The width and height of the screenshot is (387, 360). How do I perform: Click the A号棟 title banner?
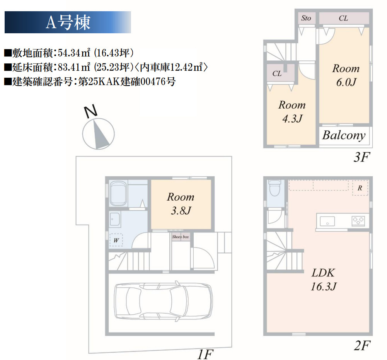coord(68,22)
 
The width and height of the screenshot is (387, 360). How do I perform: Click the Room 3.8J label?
coord(181,203)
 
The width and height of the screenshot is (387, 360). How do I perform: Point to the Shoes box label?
coord(181,237)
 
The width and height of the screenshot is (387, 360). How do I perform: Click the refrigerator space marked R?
coord(360,188)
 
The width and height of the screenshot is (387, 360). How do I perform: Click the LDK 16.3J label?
coord(323,280)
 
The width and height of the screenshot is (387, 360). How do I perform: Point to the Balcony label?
coord(344,135)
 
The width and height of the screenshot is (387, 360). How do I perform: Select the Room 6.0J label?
coord(346,75)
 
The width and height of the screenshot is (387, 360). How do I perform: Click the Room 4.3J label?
coord(292,111)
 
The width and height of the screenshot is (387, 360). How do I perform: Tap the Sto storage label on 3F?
coord(306,18)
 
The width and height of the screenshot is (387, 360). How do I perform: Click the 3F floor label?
coord(362,158)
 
